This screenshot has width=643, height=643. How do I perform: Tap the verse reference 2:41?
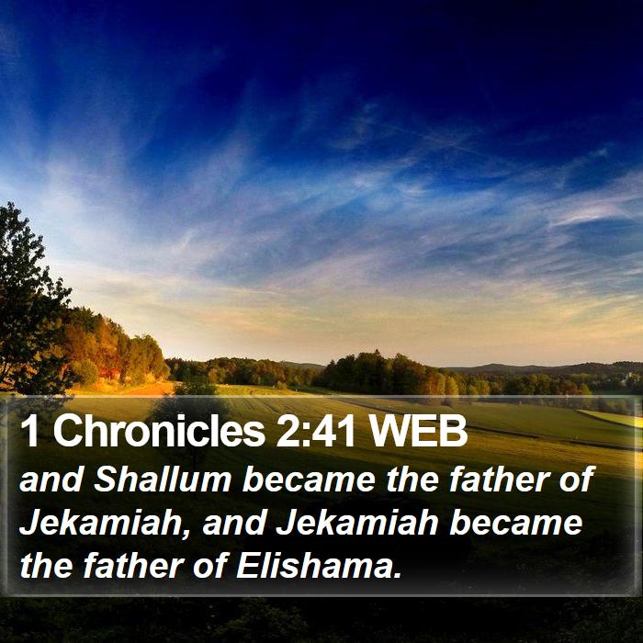pyautogui.click(x=315, y=431)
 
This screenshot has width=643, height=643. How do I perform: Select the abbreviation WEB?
pyautogui.click(x=418, y=431)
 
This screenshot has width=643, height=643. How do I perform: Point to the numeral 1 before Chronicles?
pyautogui.click(x=29, y=431)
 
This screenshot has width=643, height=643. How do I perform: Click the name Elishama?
pyautogui.click(x=312, y=566)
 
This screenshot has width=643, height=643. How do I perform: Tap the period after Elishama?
pyautogui.click(x=396, y=575)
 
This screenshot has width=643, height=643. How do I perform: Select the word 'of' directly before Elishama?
pyautogui.click(x=209, y=566)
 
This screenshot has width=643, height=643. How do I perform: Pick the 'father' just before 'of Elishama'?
pyautogui.click(x=133, y=566)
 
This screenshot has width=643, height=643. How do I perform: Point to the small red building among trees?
pyautogui.click(x=111, y=373)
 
